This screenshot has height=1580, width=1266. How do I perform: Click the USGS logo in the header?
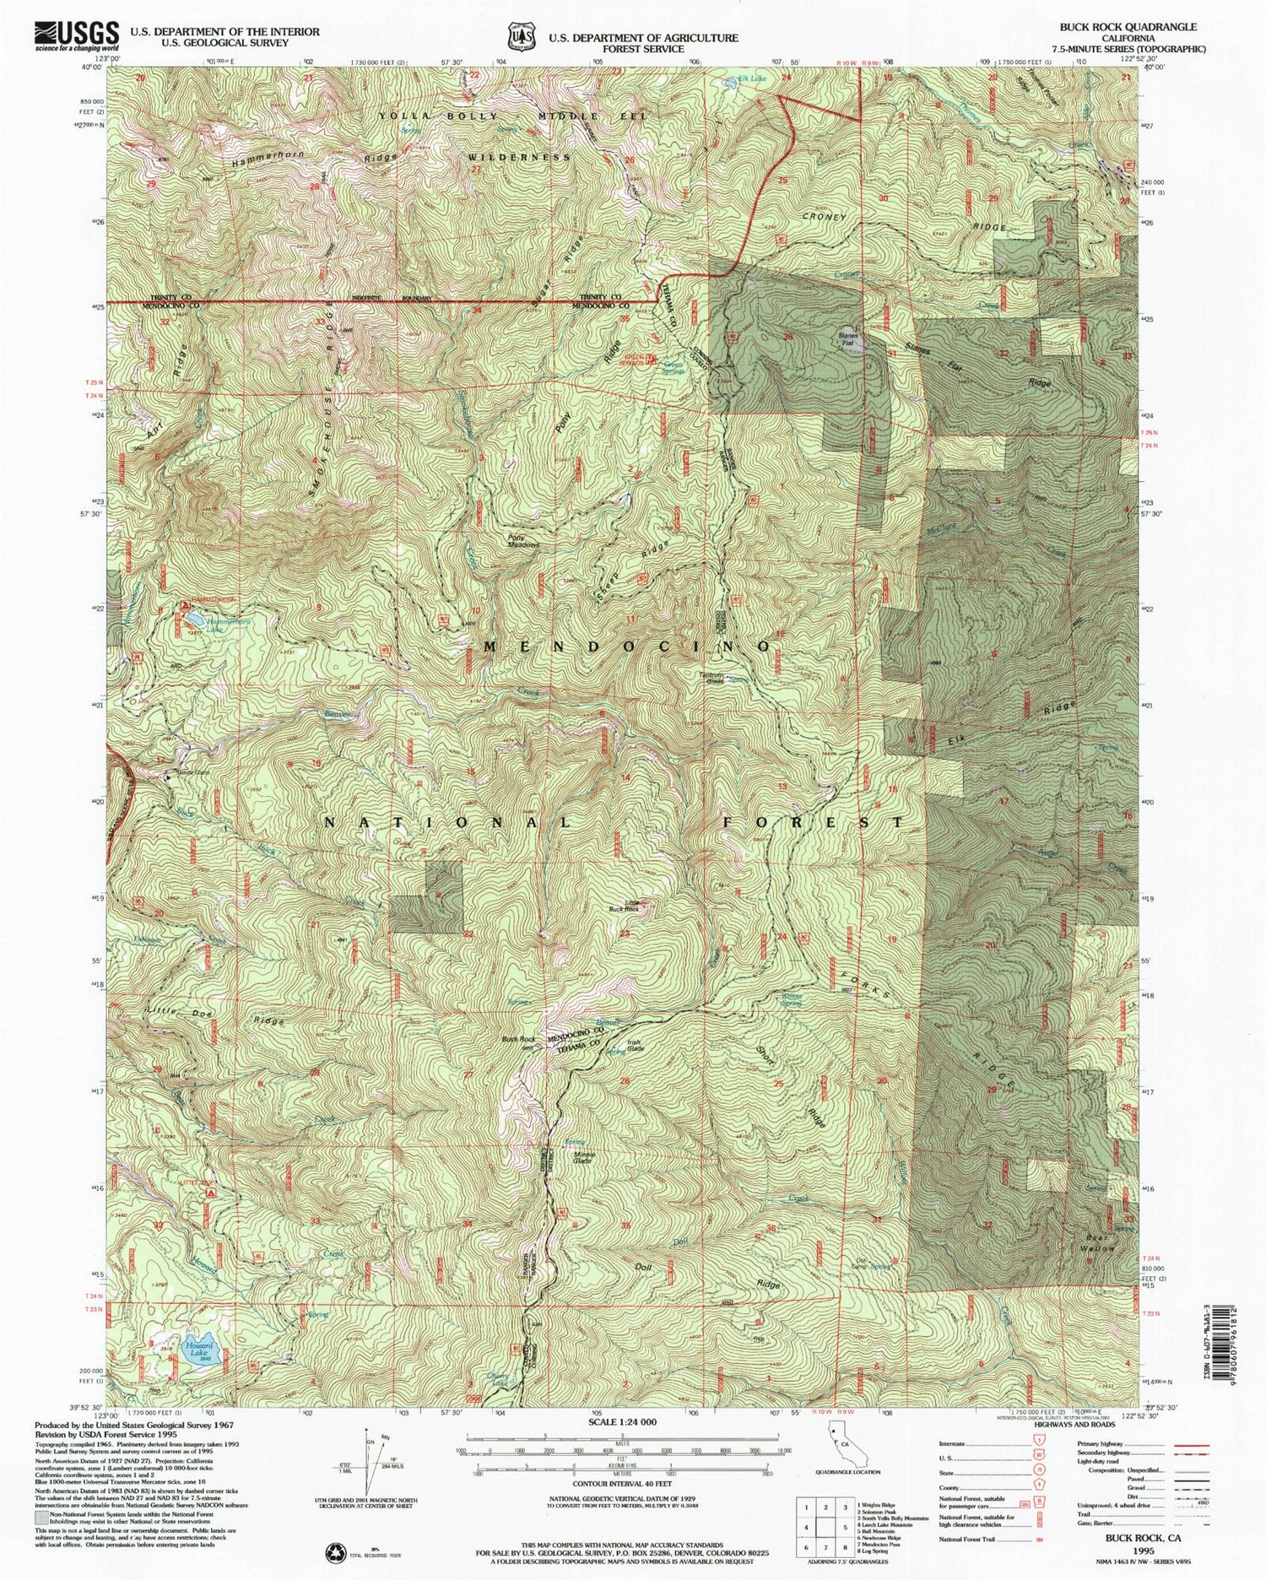click(75, 35)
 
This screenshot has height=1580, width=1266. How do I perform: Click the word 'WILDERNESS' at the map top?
click(518, 157)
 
